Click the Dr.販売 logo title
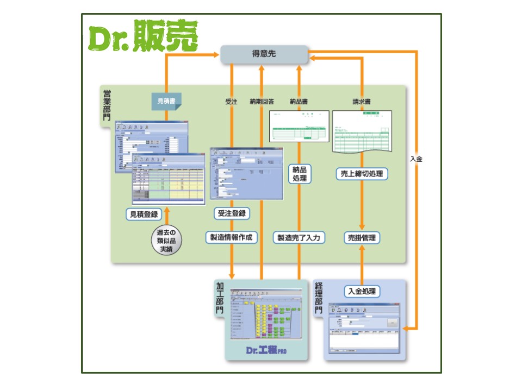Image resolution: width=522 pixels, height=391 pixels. pos(144,37)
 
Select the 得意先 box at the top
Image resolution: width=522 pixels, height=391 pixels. pos(264,54)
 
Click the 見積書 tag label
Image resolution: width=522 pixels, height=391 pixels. pos(166,101)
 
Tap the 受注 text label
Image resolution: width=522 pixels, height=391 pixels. pos(231,101)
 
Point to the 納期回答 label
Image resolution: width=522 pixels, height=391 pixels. pos(262,101)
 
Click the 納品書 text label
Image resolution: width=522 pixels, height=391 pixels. pos(299,101)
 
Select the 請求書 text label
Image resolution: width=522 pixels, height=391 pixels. pos(362,101)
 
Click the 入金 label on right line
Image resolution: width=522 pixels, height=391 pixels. pos(417,159)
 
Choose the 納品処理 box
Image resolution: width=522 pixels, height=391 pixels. pos(299,174)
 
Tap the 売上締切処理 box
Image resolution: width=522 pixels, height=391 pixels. pos(362,174)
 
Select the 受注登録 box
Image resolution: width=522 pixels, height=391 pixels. pos(231,213)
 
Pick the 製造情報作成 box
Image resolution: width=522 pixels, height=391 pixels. pos(232,237)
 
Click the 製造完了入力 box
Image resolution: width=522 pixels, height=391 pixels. pos(299,237)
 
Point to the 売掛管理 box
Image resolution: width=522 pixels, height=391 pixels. pos(362,237)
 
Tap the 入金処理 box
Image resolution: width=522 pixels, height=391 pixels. pos(362,291)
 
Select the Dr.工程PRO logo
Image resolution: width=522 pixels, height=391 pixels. pos(266,350)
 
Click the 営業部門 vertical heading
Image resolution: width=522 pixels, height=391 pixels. pos(107,105)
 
